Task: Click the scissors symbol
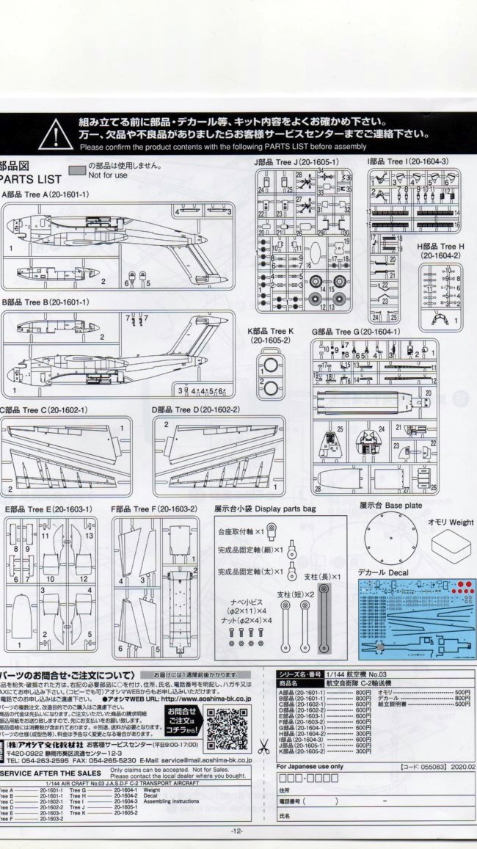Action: [263, 748]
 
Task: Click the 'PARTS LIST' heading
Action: [31, 179]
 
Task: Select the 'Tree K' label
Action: [271, 332]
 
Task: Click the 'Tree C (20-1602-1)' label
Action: [44, 409]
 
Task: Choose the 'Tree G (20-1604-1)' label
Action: [356, 332]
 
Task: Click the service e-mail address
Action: [209, 760]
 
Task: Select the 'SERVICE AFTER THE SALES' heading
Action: [51, 773]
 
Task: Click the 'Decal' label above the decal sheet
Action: [382, 572]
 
